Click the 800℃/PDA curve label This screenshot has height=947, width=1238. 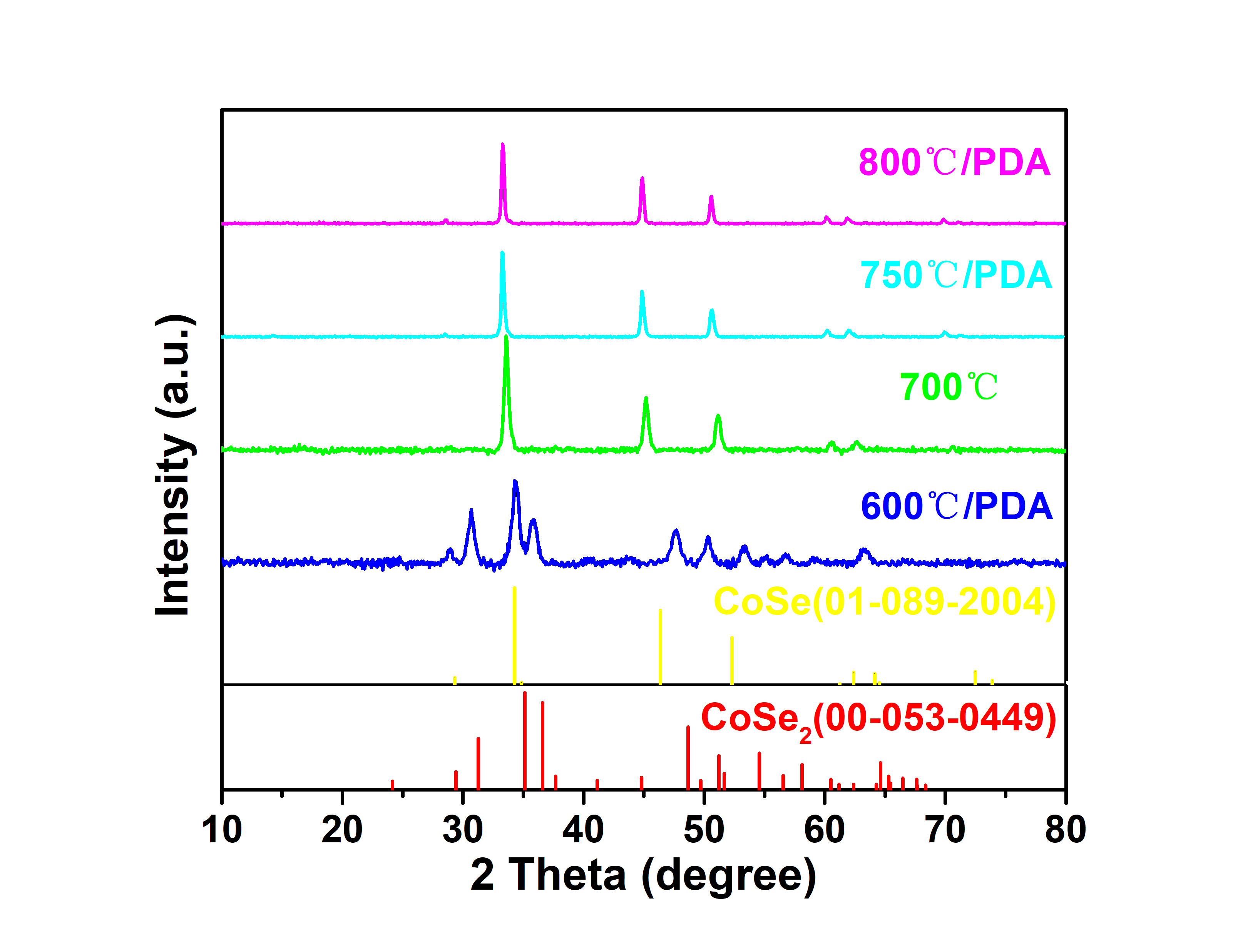coord(954,163)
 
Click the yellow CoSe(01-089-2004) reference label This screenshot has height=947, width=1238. coord(885,602)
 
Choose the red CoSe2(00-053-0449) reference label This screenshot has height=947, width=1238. coord(878,719)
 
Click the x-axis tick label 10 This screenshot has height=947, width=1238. coord(222,830)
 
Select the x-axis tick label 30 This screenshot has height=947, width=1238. coord(462,830)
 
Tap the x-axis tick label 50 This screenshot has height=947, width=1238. coord(704,830)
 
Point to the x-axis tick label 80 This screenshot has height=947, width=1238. coord(1065,830)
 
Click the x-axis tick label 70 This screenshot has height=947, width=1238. coord(945,830)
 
